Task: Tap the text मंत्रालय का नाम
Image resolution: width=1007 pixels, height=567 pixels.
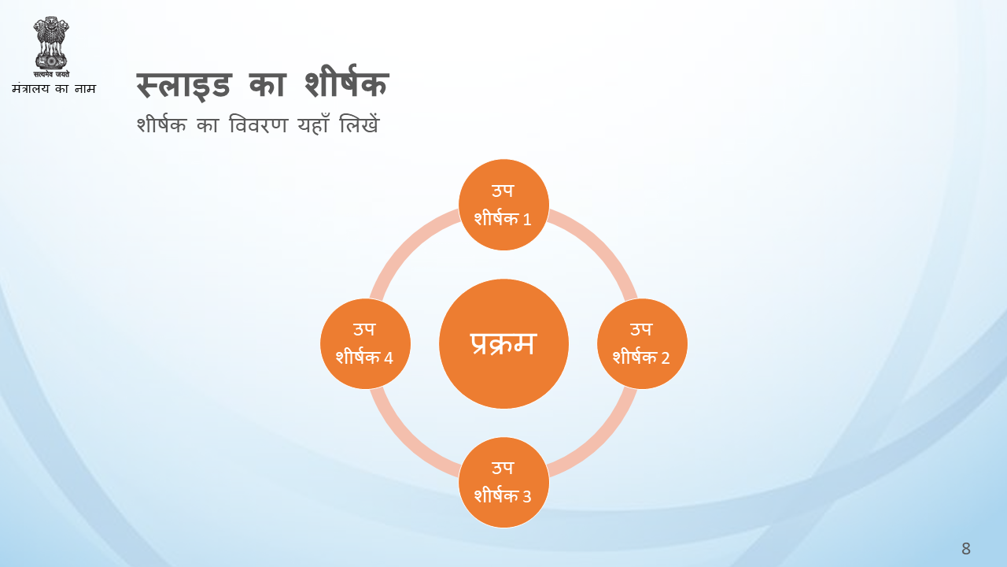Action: click(x=54, y=88)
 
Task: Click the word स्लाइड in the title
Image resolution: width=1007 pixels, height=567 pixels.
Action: click(x=184, y=85)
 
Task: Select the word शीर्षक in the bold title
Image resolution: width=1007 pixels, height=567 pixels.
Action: click(x=346, y=81)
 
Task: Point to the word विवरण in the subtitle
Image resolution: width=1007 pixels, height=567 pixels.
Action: click(x=258, y=124)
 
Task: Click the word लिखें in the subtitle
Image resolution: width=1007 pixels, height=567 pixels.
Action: click(x=360, y=124)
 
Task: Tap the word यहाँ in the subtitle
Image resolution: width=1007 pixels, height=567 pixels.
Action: click(x=313, y=124)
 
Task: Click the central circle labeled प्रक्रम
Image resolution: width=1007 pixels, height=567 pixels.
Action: click(x=503, y=344)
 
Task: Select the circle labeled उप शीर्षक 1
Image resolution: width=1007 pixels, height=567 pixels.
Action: click(x=503, y=205)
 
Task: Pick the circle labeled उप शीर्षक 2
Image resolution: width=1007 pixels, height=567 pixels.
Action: click(x=642, y=344)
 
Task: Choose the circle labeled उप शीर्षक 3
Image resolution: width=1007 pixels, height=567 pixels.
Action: click(x=503, y=483)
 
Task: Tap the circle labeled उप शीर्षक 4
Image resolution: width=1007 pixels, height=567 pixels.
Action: click(x=365, y=344)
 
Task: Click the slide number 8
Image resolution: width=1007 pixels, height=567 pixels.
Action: click(x=965, y=549)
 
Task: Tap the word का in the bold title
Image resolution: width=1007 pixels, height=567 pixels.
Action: click(x=267, y=85)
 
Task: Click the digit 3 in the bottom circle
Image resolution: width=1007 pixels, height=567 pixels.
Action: click(x=526, y=496)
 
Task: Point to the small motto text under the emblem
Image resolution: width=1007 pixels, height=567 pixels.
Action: click(x=51, y=74)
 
